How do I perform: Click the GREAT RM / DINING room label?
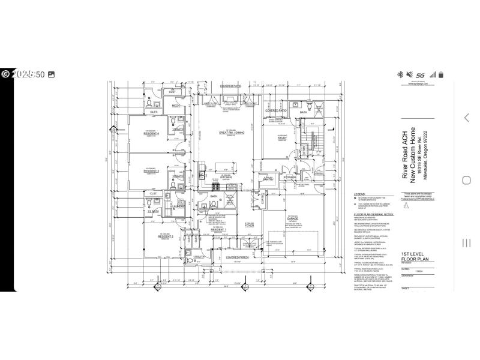click(230, 133)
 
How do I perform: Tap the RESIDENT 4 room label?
click(151, 133)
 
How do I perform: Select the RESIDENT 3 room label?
click(151, 172)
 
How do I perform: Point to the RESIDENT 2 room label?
click(149, 237)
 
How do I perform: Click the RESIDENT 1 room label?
click(218, 229)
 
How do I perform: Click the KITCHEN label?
click(226, 178)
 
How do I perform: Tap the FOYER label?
click(250, 226)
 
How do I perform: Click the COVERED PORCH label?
click(238, 257)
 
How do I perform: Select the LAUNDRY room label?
click(178, 206)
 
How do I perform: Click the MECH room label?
click(176, 106)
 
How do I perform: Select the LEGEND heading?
click(359, 194)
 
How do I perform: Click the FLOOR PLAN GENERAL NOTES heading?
click(373, 214)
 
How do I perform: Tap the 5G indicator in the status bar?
click(421, 74)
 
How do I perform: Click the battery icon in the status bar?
click(441, 74)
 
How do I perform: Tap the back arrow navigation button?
click(466, 118)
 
